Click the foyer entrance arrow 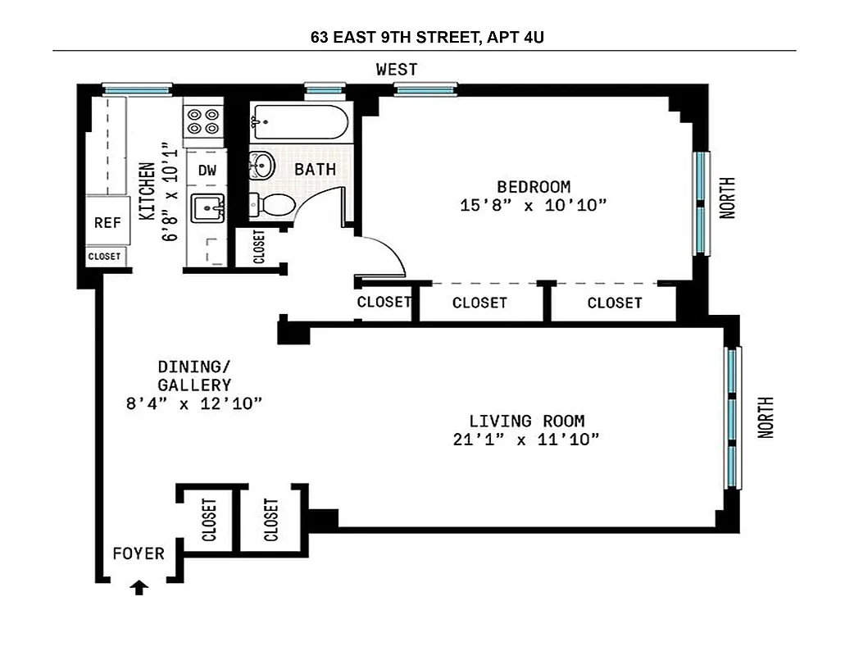click(139, 587)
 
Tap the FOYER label click(139, 553)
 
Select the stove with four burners click(203, 121)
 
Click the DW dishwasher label click(208, 171)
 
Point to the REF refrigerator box click(107, 222)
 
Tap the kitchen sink click(207, 209)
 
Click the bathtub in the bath click(299, 123)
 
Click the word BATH click(316, 170)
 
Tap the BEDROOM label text click(533, 186)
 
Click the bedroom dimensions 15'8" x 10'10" click(533, 205)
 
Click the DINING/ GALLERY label click(194, 376)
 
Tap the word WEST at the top click(397, 70)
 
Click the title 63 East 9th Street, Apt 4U click(424, 37)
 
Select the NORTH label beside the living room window click(765, 417)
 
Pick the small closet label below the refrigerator click(104, 257)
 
